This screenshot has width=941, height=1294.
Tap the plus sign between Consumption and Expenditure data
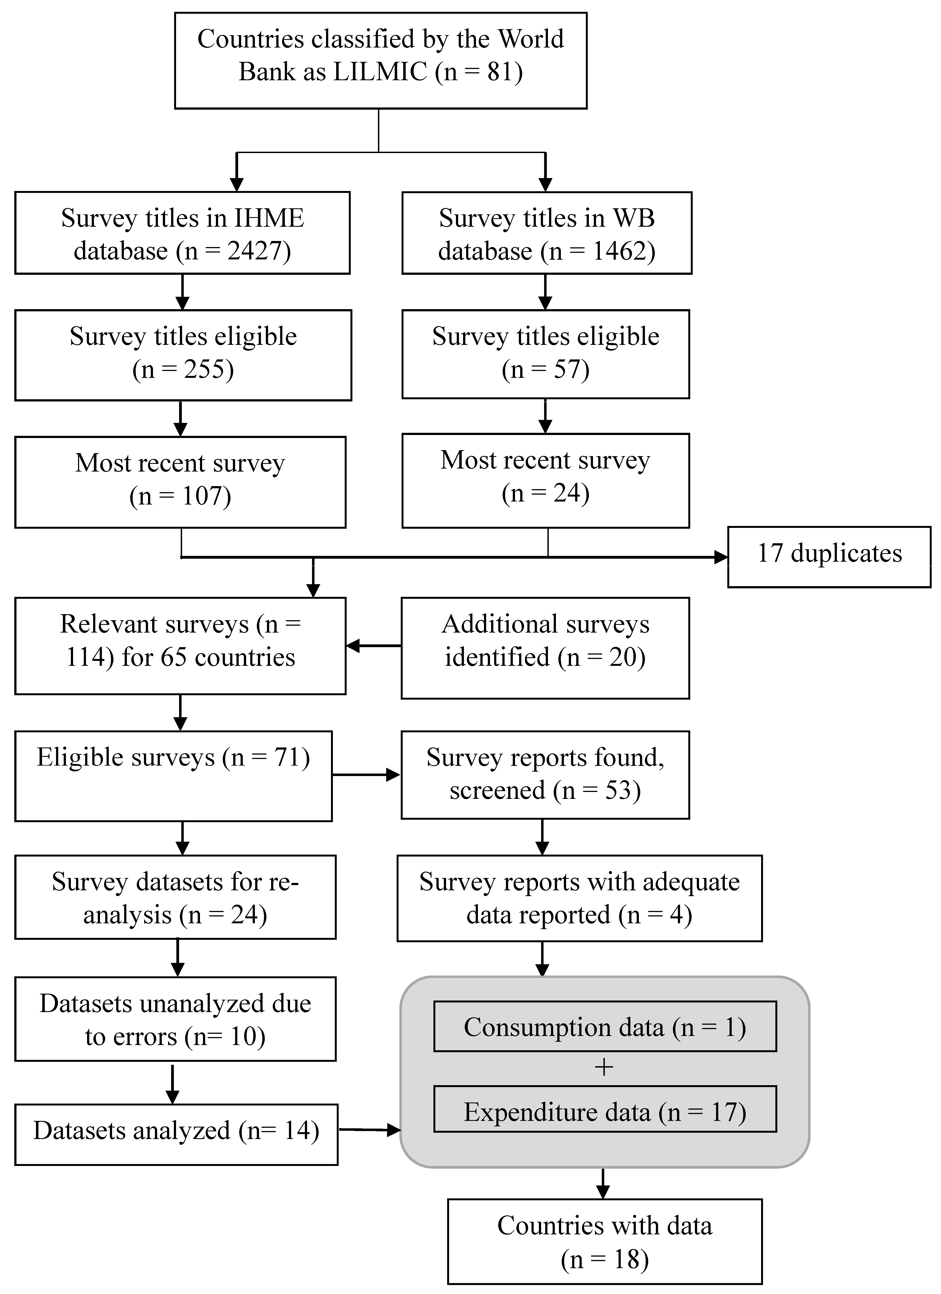click(x=604, y=1067)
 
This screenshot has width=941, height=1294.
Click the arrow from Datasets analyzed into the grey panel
click(x=369, y=1130)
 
